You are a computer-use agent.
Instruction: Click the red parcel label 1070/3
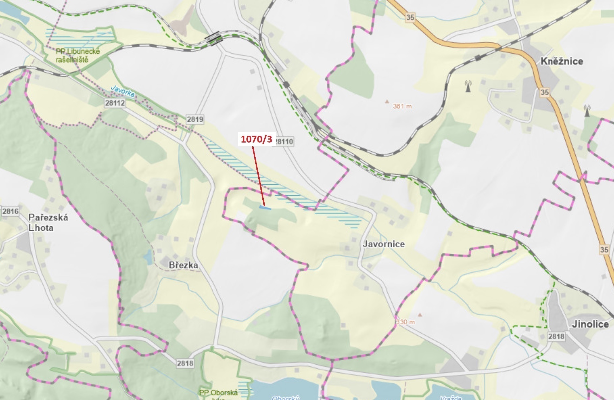click(256, 139)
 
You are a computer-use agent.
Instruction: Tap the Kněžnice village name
click(562, 61)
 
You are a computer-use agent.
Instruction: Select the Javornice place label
click(384, 244)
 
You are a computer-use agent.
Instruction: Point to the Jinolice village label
click(590, 324)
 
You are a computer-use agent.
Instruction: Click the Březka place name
click(183, 265)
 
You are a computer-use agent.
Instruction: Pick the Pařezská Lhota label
click(48, 223)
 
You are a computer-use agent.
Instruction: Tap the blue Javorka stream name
click(123, 91)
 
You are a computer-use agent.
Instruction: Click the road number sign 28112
click(115, 103)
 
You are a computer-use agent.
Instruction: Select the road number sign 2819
click(195, 119)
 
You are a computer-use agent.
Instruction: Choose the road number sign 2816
click(10, 211)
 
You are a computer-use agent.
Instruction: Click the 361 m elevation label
click(402, 106)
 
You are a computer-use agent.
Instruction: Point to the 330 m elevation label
click(405, 322)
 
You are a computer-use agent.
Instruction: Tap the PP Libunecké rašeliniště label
click(78, 55)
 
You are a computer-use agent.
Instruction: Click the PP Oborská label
click(218, 393)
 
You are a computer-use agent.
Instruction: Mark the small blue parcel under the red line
click(265, 208)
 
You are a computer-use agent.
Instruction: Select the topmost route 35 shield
click(410, 17)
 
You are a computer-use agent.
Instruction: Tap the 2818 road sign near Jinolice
click(556, 336)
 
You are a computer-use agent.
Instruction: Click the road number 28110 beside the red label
click(284, 141)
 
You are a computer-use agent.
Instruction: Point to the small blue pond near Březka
click(148, 257)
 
